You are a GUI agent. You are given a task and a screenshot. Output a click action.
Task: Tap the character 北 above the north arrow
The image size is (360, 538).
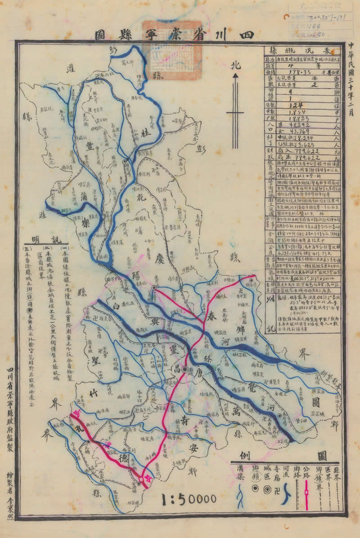coord(235,66)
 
